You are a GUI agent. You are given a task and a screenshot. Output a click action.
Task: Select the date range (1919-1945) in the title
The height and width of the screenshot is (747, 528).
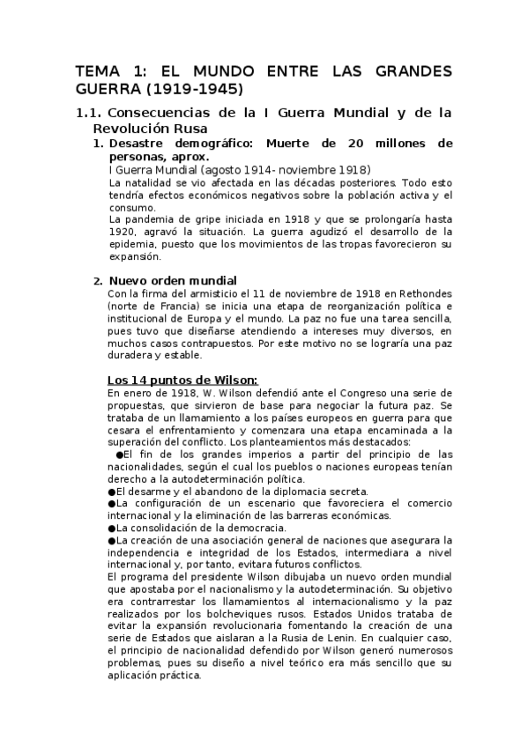click(x=199, y=90)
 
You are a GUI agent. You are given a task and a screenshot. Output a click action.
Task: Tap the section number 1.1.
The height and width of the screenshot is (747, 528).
click(x=88, y=113)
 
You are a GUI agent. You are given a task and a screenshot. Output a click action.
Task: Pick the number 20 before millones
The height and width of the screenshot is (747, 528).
click(x=351, y=143)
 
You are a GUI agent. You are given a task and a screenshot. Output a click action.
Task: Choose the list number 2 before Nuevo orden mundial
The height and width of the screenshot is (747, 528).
click(x=98, y=281)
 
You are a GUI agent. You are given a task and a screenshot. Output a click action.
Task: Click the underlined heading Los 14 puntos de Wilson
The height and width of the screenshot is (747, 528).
click(x=182, y=380)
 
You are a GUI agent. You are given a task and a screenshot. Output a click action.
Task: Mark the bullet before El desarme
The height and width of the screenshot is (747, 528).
click(x=111, y=491)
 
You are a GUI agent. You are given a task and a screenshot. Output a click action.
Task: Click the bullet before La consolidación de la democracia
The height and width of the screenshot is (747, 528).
click(x=111, y=528)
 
